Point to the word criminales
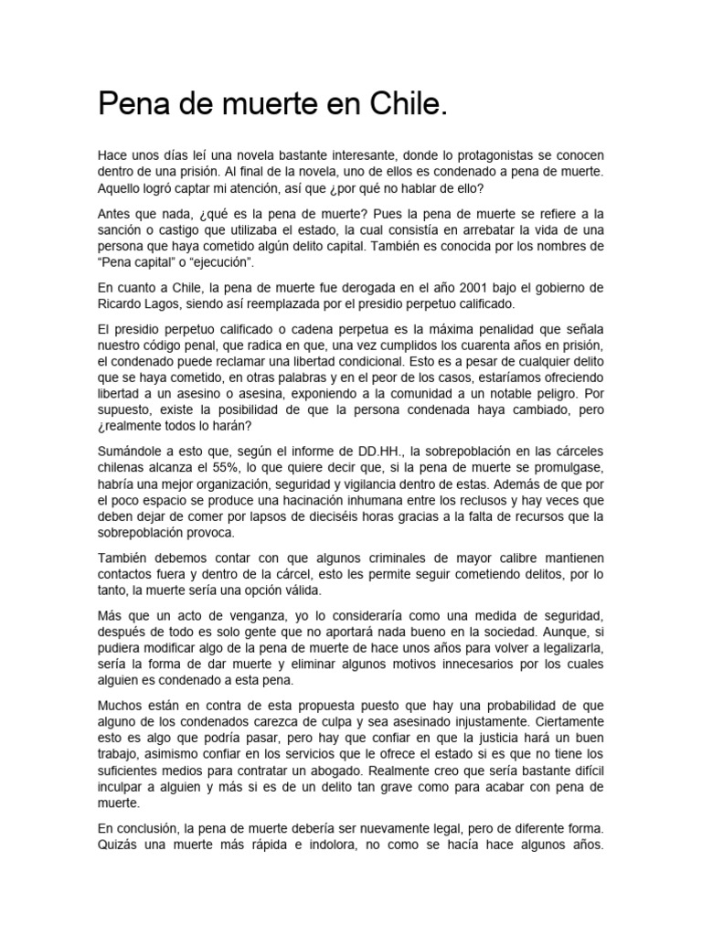pyautogui.click(x=344, y=558)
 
